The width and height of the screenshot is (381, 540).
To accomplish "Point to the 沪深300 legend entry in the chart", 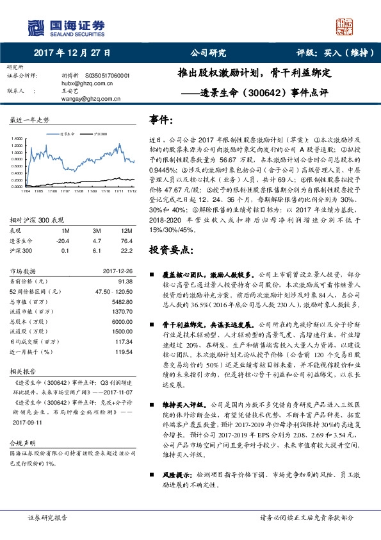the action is click(x=99, y=133).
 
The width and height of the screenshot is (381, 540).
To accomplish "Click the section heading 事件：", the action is click(x=161, y=120).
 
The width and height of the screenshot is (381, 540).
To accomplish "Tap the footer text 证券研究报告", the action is click(x=47, y=517).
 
